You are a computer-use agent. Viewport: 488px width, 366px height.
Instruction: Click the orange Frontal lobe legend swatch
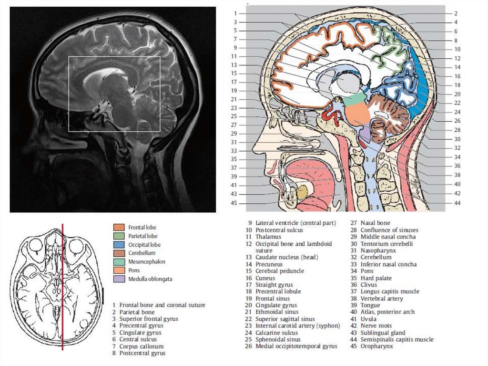click(119, 228)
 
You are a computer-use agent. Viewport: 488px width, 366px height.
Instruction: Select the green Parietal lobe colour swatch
click(119, 236)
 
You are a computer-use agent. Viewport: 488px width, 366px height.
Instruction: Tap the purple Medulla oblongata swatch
click(119, 279)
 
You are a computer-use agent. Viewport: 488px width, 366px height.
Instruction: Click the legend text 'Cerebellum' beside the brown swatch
click(142, 253)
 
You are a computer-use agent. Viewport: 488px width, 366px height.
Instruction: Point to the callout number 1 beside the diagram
click(235, 13)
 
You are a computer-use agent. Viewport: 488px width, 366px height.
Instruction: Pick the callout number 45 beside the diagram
click(234, 203)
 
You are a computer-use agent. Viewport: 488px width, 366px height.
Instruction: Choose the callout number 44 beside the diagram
click(457, 202)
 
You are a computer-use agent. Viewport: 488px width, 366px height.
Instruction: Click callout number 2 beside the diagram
click(456, 13)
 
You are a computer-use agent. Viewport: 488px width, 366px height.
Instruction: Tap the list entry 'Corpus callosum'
click(141, 346)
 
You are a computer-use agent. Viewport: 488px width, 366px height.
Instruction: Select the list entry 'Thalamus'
click(268, 237)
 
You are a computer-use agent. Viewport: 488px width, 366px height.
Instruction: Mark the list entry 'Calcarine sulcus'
click(276, 333)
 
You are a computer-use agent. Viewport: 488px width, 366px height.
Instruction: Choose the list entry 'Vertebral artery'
click(381, 299)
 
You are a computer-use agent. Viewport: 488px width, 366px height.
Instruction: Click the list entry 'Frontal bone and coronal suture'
click(162, 305)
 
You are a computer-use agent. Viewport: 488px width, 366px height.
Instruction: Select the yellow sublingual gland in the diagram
click(301, 192)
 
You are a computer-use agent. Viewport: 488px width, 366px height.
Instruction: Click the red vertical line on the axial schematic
click(62, 286)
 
